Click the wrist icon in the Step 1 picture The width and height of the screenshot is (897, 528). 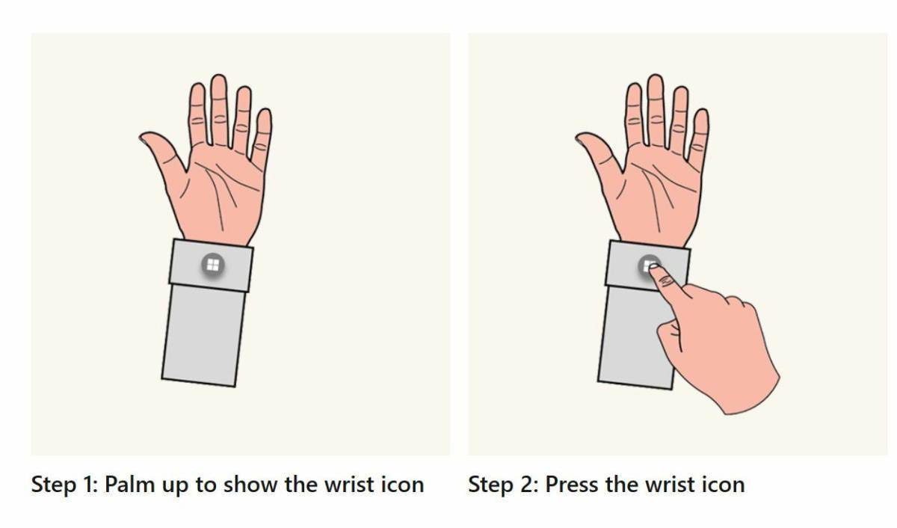point(212,265)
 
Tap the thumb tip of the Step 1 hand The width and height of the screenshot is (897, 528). point(143,138)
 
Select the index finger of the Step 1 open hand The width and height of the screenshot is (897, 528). point(198,114)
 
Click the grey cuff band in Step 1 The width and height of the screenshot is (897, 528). point(211,265)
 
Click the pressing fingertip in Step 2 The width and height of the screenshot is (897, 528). point(653,267)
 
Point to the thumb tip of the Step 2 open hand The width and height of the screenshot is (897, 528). point(579,138)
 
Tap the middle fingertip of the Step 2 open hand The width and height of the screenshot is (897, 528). point(655,79)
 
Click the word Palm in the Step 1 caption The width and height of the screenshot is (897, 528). point(130,485)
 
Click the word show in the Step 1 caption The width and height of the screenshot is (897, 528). point(250,485)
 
